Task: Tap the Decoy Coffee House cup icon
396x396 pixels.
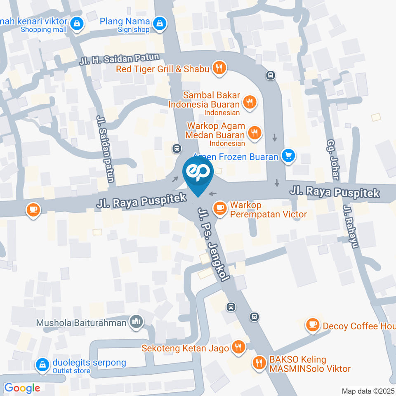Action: pyautogui.click(x=312, y=325)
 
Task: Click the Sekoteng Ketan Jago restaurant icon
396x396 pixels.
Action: pyautogui.click(x=238, y=348)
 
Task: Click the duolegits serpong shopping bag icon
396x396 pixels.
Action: pyautogui.click(x=42, y=364)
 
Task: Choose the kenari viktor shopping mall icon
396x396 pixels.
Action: pyautogui.click(x=77, y=24)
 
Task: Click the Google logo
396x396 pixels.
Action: pyautogui.click(x=22, y=388)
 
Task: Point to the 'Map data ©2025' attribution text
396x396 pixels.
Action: pyautogui.click(x=367, y=391)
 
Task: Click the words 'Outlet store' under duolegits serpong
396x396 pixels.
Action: pyautogui.click(x=71, y=370)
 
